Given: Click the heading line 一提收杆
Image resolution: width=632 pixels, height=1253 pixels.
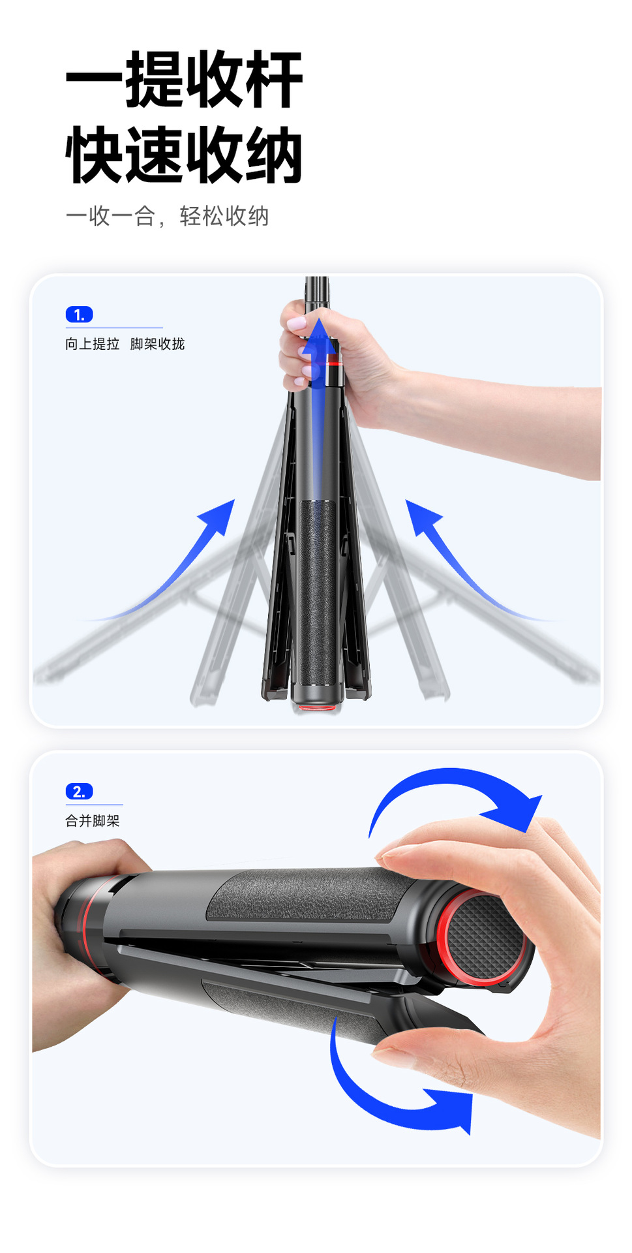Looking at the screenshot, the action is coord(185,80).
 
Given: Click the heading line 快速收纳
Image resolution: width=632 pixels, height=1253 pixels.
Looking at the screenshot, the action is coord(185,155).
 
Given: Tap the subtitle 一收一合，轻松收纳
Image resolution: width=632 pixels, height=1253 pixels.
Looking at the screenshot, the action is coord(167,216).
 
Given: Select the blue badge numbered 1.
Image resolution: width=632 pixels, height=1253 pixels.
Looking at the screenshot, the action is coord(80,315).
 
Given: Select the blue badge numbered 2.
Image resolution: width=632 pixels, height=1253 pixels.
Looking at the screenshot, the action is coord(80,792).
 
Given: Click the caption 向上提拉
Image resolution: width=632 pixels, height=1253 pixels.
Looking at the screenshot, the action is coord(93,344).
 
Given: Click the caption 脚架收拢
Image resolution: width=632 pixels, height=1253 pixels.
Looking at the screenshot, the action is coord(158,344).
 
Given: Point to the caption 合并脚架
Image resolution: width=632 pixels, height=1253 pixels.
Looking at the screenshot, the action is coord(93,821).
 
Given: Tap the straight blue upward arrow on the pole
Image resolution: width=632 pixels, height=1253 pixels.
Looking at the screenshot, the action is coord(318,418).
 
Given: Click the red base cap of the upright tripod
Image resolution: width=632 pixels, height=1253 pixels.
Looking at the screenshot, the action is coord(316,706).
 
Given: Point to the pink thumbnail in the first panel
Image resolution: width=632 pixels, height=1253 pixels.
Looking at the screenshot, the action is coord(296,323).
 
